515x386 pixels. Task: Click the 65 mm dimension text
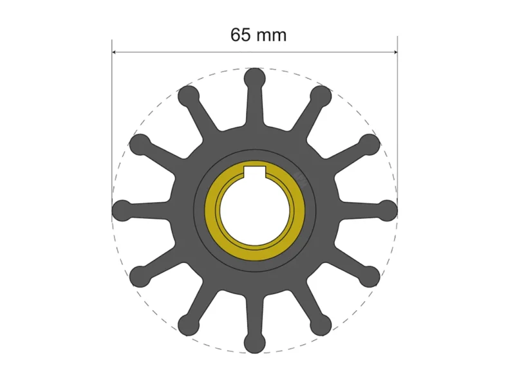pyautogui.click(x=258, y=35)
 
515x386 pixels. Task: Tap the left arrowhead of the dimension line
pyautogui.click(x=115, y=52)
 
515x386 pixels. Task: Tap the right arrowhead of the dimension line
pyautogui.click(x=395, y=52)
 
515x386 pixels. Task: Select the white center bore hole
pyautogui.click(x=255, y=212)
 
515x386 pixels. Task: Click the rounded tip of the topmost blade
pyautogui.click(x=255, y=78)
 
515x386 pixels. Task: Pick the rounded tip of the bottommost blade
pyautogui.click(x=254, y=343)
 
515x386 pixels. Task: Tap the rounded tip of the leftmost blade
pyautogui.click(x=122, y=210)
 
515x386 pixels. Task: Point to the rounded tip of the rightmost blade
pyautogui.click(x=388, y=210)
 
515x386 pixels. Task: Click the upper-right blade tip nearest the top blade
pyautogui.click(x=321, y=96)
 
